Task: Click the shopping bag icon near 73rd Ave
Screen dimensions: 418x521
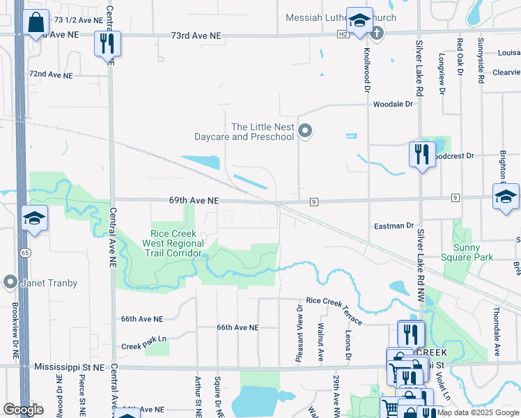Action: coord(36,22)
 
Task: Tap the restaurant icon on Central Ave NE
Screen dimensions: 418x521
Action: coord(107,43)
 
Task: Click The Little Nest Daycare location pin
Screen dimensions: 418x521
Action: coord(305,130)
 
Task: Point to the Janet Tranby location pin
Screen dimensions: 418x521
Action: coord(10,283)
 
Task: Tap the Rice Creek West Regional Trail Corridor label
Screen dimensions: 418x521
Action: coord(173,243)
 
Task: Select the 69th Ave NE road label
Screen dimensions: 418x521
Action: coord(194,200)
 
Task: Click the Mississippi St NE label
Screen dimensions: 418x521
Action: coord(68,366)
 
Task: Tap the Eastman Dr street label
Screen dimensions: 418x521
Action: coord(394,226)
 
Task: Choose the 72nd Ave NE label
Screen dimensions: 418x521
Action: coord(50,74)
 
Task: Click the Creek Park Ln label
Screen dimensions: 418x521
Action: coord(144,346)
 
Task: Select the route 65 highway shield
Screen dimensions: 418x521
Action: coord(24,251)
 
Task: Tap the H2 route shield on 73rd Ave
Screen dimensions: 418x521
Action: coord(343,33)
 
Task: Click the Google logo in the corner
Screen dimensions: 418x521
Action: coord(22,410)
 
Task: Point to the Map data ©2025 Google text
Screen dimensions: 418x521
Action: coord(478,412)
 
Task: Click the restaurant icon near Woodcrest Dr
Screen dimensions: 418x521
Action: coord(421,153)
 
